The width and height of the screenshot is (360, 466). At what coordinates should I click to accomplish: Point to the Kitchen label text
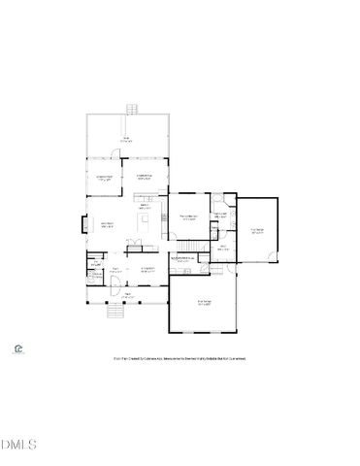[x=145, y=206]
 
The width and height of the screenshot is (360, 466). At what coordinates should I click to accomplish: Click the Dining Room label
[x=148, y=270]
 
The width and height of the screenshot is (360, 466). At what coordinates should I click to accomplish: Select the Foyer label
[x=115, y=270]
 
